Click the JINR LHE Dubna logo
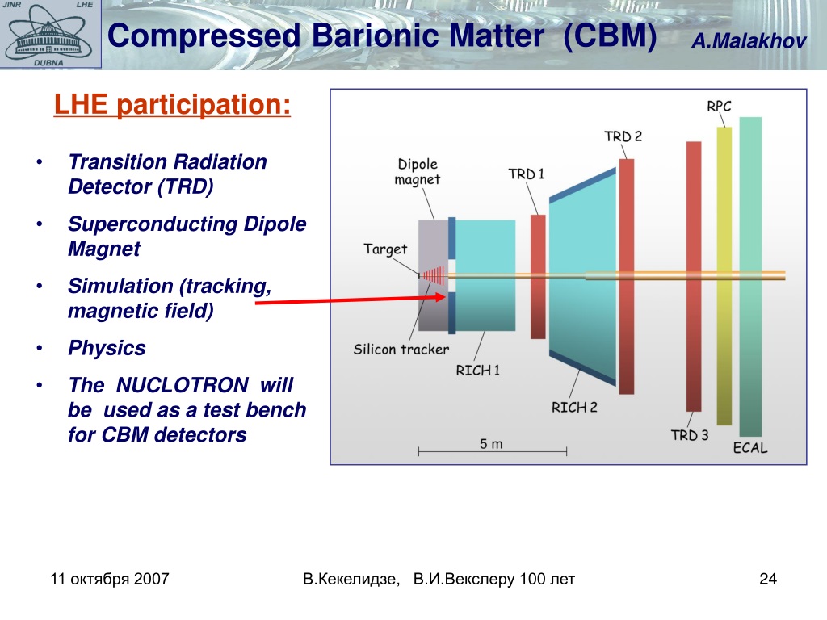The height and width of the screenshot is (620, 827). click(51, 34)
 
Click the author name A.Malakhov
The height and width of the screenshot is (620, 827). click(749, 40)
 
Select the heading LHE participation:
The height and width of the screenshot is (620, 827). click(173, 104)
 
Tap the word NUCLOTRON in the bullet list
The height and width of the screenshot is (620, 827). click(182, 385)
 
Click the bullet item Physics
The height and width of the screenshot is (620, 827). click(107, 348)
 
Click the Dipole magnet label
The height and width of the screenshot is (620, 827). click(418, 172)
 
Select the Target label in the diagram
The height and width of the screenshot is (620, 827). click(385, 249)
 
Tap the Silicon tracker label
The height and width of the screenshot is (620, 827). click(401, 349)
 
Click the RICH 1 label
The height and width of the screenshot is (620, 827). click(478, 371)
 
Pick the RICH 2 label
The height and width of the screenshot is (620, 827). click(574, 408)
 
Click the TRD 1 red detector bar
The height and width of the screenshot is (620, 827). click(538, 277)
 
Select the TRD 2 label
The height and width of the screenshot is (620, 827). click(623, 136)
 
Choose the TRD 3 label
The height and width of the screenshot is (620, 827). click(690, 435)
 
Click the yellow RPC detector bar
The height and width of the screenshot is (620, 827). click(724, 276)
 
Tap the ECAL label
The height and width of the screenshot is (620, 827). click(750, 448)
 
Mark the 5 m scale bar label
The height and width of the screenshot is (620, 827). click(491, 444)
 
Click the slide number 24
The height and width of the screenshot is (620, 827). click(768, 579)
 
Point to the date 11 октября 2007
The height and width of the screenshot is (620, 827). click(110, 579)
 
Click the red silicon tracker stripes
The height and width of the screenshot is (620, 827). click(434, 275)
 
